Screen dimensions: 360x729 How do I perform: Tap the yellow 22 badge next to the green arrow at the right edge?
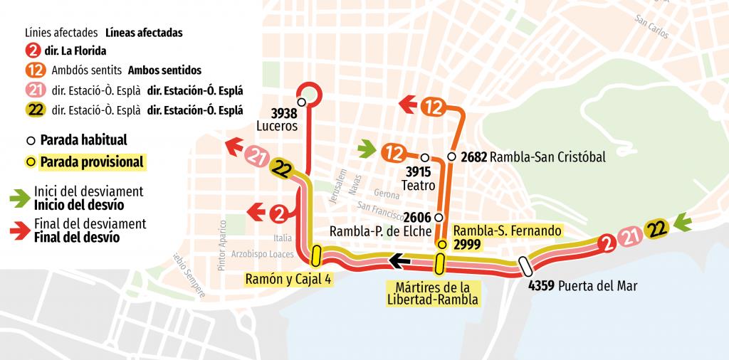point(656,229)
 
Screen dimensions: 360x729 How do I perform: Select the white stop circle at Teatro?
point(424,157)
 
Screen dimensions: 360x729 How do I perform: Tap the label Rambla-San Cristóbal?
point(547,157)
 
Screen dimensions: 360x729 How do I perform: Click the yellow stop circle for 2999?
point(441,245)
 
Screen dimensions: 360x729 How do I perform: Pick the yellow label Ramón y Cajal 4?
point(288,279)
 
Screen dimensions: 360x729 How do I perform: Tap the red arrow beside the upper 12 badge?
point(408,106)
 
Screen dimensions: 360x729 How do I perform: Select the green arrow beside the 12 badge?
point(367,150)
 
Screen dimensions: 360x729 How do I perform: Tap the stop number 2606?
point(418,217)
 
